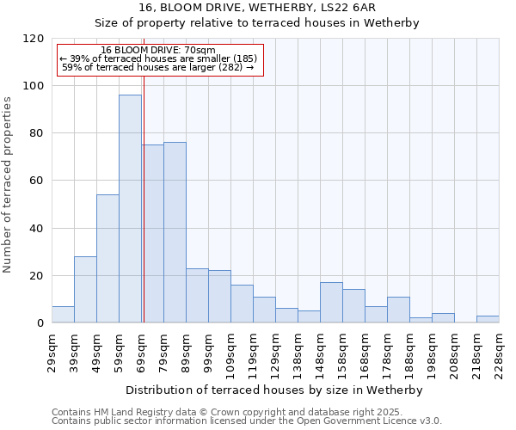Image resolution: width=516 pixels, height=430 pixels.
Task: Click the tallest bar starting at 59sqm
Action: (130, 209)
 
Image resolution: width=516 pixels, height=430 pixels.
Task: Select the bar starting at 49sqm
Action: (107, 258)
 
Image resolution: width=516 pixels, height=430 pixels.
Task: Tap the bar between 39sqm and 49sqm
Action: (85, 289)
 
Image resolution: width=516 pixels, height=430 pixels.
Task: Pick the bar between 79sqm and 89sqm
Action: (175, 232)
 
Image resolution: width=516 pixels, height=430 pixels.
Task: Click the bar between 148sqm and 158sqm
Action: (331, 302)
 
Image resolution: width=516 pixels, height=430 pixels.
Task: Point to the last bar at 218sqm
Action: (488, 319)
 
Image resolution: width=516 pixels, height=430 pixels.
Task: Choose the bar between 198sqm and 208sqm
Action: (443, 318)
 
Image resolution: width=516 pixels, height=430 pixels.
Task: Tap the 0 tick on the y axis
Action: (40, 323)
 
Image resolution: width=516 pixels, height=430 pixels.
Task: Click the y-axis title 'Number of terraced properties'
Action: (9, 185)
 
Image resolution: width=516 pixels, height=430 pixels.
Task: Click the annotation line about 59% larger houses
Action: (158, 67)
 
